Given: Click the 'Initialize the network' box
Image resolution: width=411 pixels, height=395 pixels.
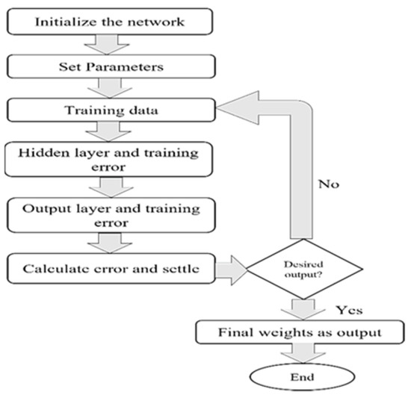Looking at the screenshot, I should click(108, 20).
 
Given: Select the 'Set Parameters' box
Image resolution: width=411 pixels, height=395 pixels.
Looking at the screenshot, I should click(108, 67).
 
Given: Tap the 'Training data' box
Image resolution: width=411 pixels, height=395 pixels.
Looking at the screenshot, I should click(108, 112).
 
